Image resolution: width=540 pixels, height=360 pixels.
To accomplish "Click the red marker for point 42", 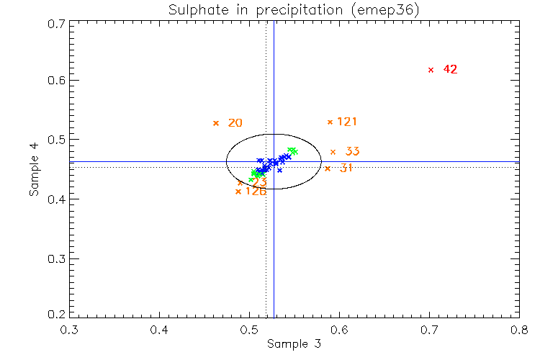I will (431, 70).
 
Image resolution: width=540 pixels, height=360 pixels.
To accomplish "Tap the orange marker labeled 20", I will (215, 123).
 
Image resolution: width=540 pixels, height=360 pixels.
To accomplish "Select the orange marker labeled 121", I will (330, 122).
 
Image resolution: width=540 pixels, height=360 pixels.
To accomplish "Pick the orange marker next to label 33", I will (333, 151).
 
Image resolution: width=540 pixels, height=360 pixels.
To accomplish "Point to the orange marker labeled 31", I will (327, 168).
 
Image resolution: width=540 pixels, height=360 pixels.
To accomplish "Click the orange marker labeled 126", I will (238, 192).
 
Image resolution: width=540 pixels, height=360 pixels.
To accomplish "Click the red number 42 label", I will (450, 70).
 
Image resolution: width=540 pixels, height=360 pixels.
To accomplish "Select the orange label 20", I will (235, 123).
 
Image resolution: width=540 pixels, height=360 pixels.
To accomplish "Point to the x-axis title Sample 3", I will (294, 344).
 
